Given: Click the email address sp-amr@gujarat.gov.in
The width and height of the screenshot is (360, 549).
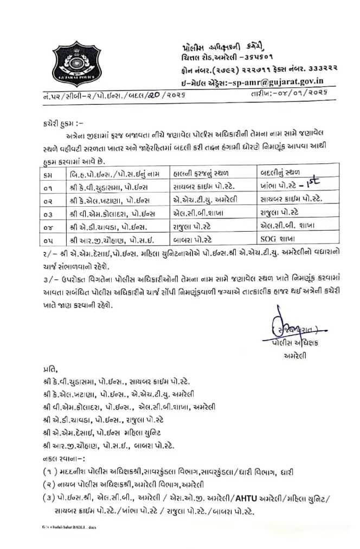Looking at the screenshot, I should [278, 82].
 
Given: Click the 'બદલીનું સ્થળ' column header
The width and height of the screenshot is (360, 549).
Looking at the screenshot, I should [280, 173].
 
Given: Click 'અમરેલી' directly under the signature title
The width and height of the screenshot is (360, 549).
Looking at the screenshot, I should [294, 356].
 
